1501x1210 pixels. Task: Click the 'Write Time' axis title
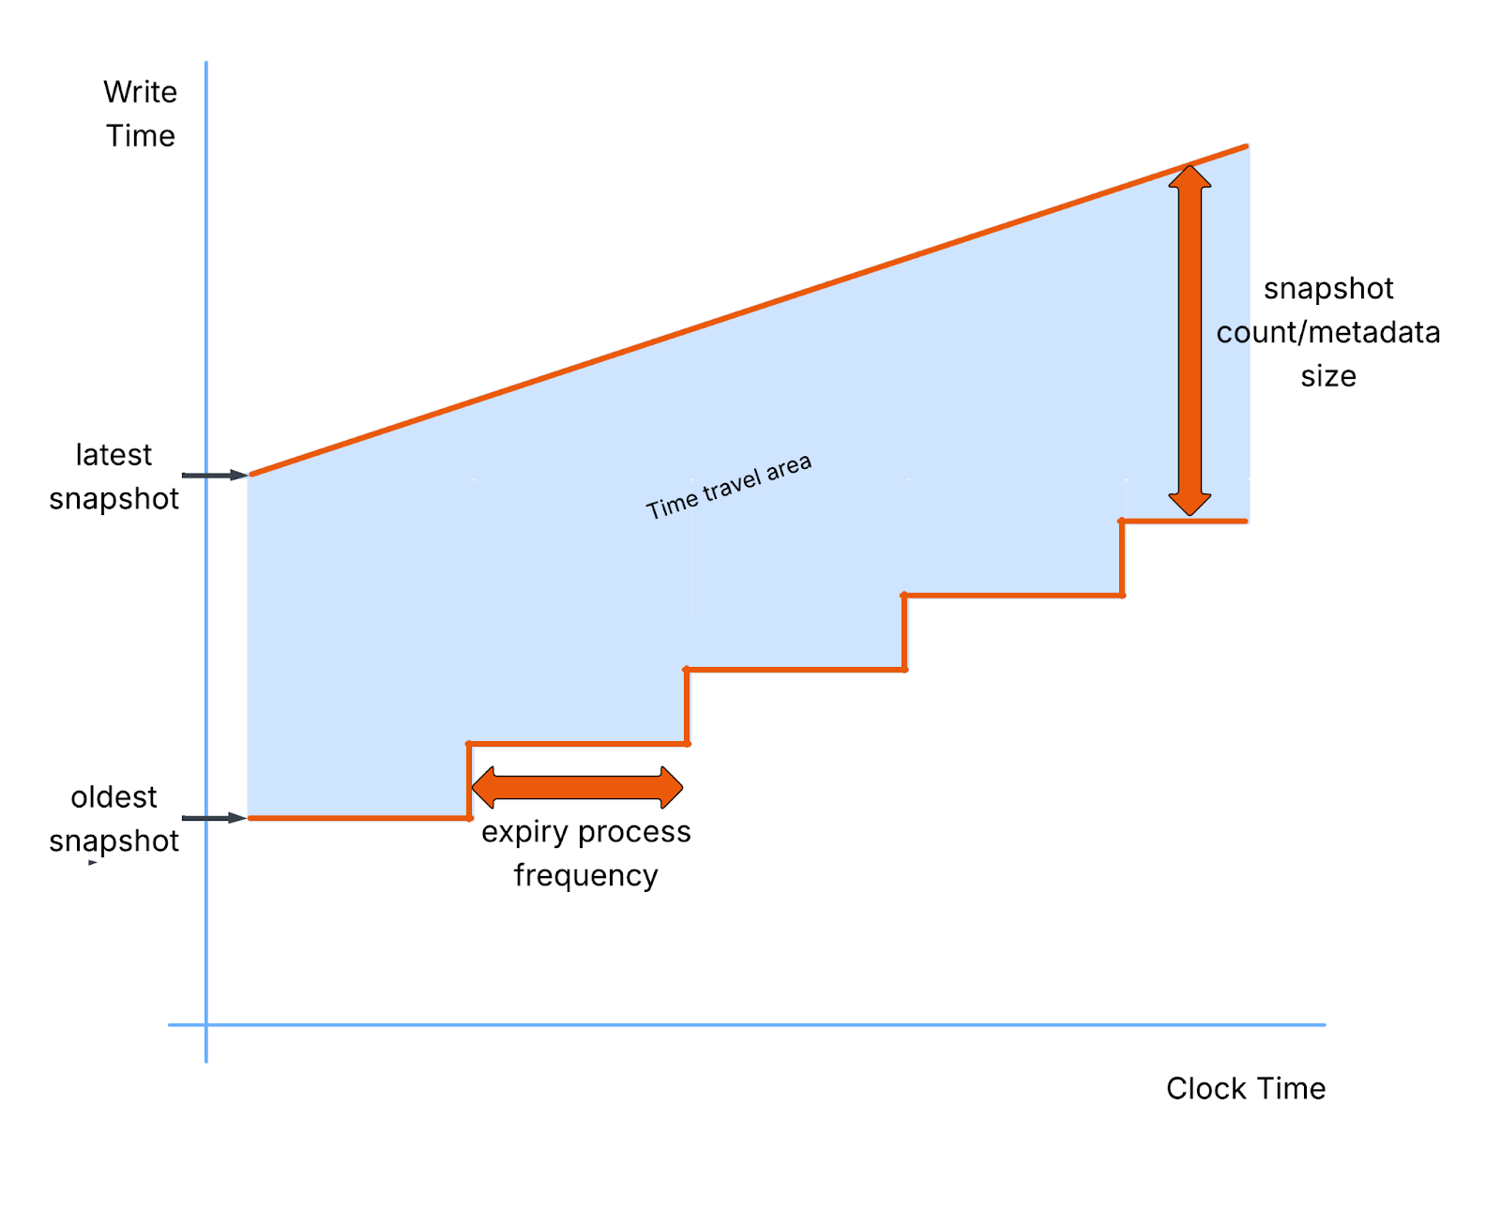[x=140, y=113]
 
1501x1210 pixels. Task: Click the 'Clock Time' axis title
[x=1245, y=1088]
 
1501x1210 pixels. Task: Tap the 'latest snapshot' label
[x=114, y=476]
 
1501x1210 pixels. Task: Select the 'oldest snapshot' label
[x=114, y=819]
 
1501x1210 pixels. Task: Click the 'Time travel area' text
[x=728, y=487]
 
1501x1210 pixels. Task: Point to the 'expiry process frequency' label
[x=585, y=854]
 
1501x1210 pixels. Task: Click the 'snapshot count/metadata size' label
[x=1327, y=332]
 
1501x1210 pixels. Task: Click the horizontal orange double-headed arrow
[x=577, y=788]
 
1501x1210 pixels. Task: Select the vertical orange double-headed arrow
[x=1190, y=340]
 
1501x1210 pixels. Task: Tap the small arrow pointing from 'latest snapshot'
[x=215, y=476]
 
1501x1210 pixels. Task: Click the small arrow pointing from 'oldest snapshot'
[x=215, y=818]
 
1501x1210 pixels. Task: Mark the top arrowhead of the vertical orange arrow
[x=1190, y=176]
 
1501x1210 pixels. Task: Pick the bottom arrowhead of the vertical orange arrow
[x=1190, y=505]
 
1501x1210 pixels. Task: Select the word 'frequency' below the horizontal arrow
[x=585, y=875]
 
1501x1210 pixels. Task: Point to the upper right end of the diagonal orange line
[x=1244, y=147]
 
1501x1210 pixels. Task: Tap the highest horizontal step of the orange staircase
[x=1184, y=521]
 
